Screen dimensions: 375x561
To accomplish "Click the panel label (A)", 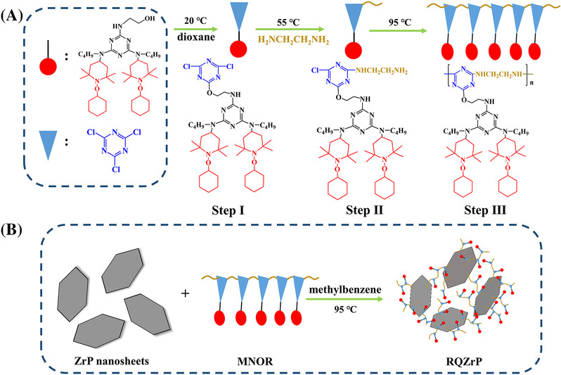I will click(x=16, y=13).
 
